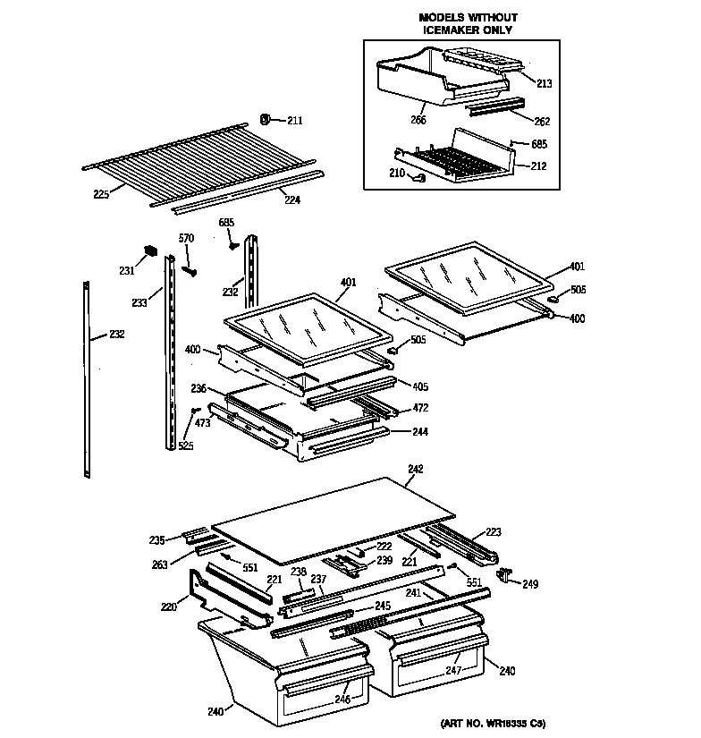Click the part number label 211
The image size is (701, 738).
click(x=295, y=121)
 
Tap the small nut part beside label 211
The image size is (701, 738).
click(x=266, y=118)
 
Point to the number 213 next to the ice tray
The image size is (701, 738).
click(x=545, y=83)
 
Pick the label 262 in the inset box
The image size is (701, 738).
click(x=542, y=122)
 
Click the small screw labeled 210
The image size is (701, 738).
click(x=418, y=178)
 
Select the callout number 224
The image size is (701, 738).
click(x=292, y=200)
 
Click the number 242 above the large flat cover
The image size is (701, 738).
click(x=415, y=469)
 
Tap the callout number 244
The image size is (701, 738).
click(x=419, y=432)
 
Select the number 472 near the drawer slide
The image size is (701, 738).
click(x=419, y=408)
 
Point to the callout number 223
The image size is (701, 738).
click(x=494, y=530)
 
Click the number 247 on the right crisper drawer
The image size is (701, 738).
click(x=454, y=669)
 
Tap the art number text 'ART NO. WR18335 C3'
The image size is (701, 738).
click(x=493, y=722)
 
